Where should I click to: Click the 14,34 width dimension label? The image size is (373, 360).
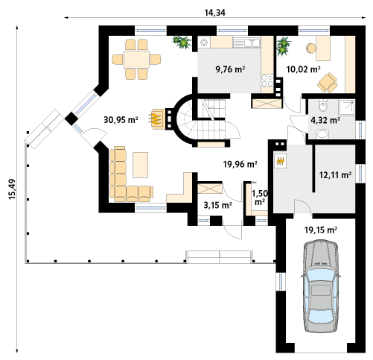tap(215, 13)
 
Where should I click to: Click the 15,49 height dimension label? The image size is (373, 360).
tap(12, 189)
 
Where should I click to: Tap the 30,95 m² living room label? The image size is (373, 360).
tap(121, 120)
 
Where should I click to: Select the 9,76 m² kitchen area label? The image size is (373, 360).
tap(230, 69)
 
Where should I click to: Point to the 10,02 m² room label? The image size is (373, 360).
tap(303, 69)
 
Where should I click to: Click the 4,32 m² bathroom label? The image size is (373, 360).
tap(325, 121)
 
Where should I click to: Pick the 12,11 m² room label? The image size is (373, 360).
tap(335, 175)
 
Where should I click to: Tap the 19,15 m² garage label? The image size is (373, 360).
tap(321, 230)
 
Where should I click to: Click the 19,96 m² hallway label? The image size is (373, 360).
tap(240, 164)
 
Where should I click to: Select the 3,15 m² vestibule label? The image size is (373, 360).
tap(217, 205)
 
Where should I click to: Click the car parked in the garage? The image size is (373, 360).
tap(321, 286)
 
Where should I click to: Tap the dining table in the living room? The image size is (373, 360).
tap(137, 60)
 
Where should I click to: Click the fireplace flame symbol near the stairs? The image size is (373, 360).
tap(155, 119)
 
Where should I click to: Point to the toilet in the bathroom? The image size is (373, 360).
tap(323, 106)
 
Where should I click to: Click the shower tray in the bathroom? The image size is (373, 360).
tap(347, 107)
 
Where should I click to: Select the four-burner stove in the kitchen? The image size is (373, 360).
tap(267, 81)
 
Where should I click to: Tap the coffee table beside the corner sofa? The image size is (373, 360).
tap(141, 165)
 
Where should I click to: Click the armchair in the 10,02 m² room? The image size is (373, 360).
tap(328, 83)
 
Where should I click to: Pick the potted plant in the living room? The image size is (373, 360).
tap(182, 42)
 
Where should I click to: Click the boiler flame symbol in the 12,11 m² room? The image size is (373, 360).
tap(281, 161)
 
